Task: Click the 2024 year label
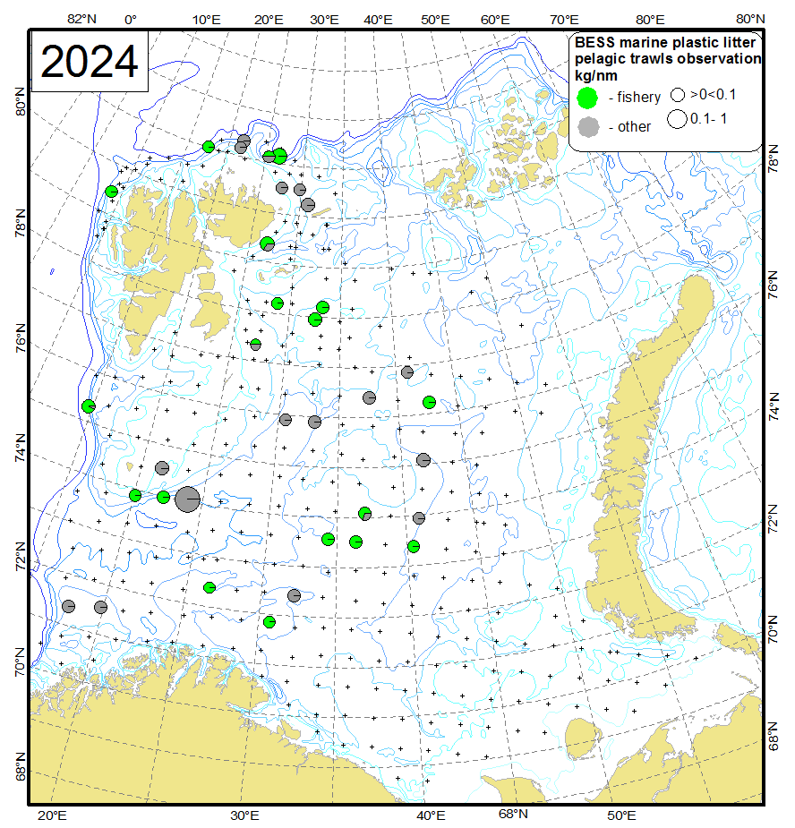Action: (90, 62)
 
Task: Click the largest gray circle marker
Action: (187, 499)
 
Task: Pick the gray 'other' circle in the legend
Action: (587, 127)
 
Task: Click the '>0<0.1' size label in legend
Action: (713, 93)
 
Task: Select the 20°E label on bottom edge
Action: (52, 815)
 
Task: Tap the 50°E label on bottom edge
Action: (621, 815)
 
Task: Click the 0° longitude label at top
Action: (131, 18)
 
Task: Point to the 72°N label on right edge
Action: (775, 519)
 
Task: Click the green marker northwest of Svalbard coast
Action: (111, 191)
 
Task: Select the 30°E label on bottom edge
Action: (244, 815)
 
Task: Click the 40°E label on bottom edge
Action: (430, 815)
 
